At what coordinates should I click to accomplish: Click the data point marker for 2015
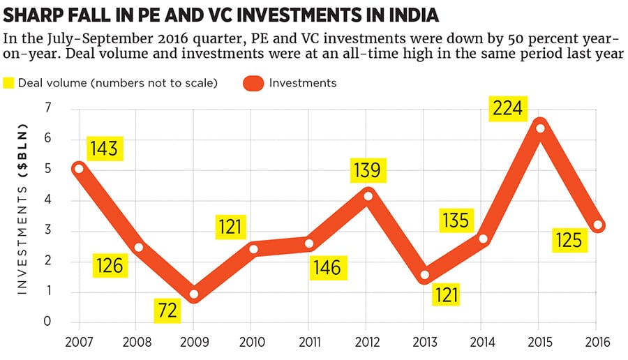539,128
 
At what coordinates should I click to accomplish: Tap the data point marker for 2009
195,294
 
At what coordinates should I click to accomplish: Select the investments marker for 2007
79,168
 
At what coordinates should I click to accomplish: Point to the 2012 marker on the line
368,195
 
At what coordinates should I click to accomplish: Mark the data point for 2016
597,225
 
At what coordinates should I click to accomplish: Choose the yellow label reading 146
327,267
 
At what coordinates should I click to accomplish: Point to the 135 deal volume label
456,220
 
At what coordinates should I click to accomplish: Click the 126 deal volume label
110,265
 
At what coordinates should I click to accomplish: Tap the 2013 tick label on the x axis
424,342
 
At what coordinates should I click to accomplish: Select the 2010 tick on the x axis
252,342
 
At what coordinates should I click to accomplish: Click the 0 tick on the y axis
48,322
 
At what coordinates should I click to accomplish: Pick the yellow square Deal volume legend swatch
9,83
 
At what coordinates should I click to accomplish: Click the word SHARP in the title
32,15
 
